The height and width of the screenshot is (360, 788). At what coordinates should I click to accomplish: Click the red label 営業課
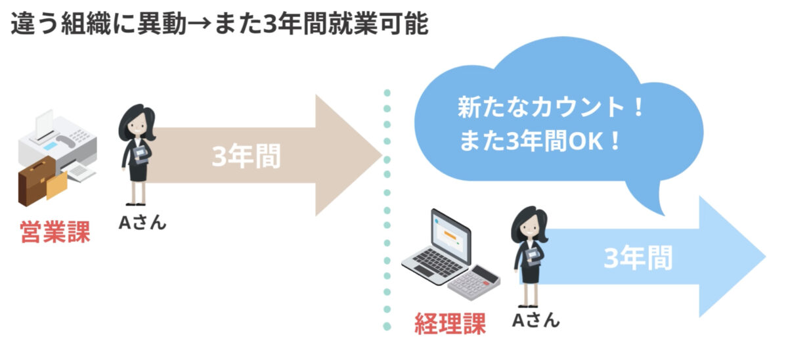(55, 232)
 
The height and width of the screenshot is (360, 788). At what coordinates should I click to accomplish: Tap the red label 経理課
(450, 323)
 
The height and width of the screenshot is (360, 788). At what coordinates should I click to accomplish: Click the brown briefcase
(36, 181)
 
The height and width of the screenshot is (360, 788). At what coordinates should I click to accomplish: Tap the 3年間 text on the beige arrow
(246, 156)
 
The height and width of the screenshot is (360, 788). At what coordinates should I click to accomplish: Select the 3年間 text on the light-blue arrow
(638, 258)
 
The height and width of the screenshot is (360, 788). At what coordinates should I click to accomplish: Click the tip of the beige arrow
(382, 155)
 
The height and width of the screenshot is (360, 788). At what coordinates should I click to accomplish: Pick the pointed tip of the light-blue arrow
(766, 257)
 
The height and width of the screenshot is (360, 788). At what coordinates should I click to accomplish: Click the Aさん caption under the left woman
(142, 223)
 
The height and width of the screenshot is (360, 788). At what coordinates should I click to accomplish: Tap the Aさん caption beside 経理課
(535, 320)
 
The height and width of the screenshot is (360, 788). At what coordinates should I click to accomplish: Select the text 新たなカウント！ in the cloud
(551, 107)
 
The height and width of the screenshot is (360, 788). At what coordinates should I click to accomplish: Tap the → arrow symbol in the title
(200, 24)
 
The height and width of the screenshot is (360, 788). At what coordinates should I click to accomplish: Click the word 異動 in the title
(162, 24)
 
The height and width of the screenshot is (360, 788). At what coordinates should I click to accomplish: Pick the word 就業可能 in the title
(378, 24)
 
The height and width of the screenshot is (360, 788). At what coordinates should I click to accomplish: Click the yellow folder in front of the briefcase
(56, 185)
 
